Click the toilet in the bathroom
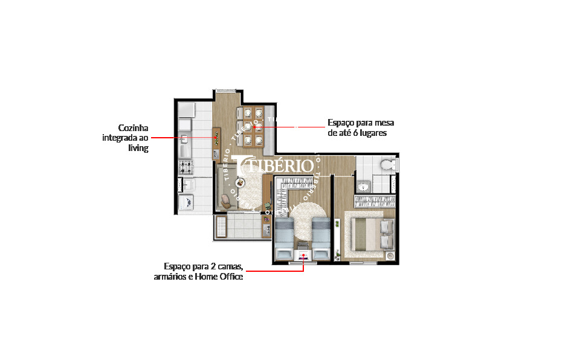[386, 164]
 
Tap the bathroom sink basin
[363, 187]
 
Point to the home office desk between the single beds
[303, 254]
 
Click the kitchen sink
[184, 141]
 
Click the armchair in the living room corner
[225, 201]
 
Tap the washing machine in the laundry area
[185, 202]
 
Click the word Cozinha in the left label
[133, 128]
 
